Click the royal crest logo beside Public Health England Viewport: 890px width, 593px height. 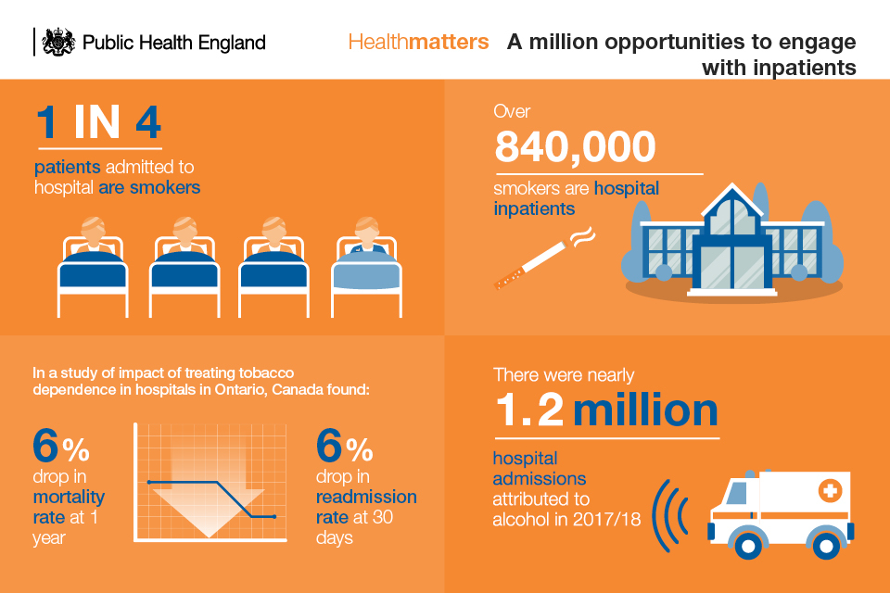pyautogui.click(x=58, y=42)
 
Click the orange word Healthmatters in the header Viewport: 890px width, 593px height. pyautogui.click(x=418, y=42)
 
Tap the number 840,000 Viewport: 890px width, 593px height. pyautogui.click(x=575, y=147)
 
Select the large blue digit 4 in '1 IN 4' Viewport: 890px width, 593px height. pyautogui.click(x=148, y=122)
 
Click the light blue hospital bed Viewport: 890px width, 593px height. pyautogui.click(x=367, y=267)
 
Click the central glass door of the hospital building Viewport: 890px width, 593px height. pyautogui.click(x=731, y=267)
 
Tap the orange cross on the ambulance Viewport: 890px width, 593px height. pyautogui.click(x=829, y=490)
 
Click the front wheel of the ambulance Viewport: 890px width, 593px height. pyautogui.click(x=747, y=546)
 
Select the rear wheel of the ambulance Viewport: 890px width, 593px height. pyautogui.click(x=826, y=546)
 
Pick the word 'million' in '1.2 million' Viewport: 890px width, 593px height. pyautogui.click(x=645, y=410)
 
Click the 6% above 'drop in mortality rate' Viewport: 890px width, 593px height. pyautogui.click(x=61, y=446)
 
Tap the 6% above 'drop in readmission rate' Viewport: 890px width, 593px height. pyautogui.click(x=344, y=446)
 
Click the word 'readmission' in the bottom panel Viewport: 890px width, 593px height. pyautogui.click(x=366, y=497)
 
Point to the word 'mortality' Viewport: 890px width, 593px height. pyautogui.click(x=69, y=497)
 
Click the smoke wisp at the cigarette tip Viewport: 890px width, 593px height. pyautogui.click(x=582, y=237)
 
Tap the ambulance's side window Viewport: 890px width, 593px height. pyautogui.click(x=736, y=493)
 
